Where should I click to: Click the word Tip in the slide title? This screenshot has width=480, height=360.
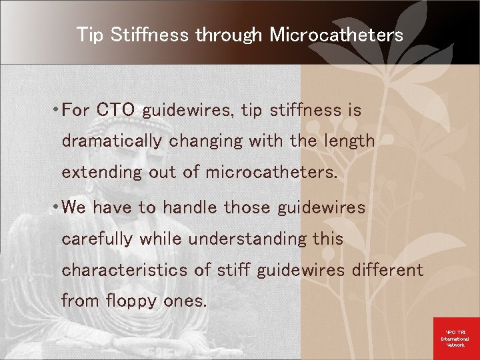(x=90, y=35)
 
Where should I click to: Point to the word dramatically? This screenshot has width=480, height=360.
(x=111, y=141)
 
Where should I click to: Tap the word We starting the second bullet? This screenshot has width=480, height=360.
(x=74, y=208)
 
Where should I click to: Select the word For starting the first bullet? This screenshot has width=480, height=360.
(x=75, y=110)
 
